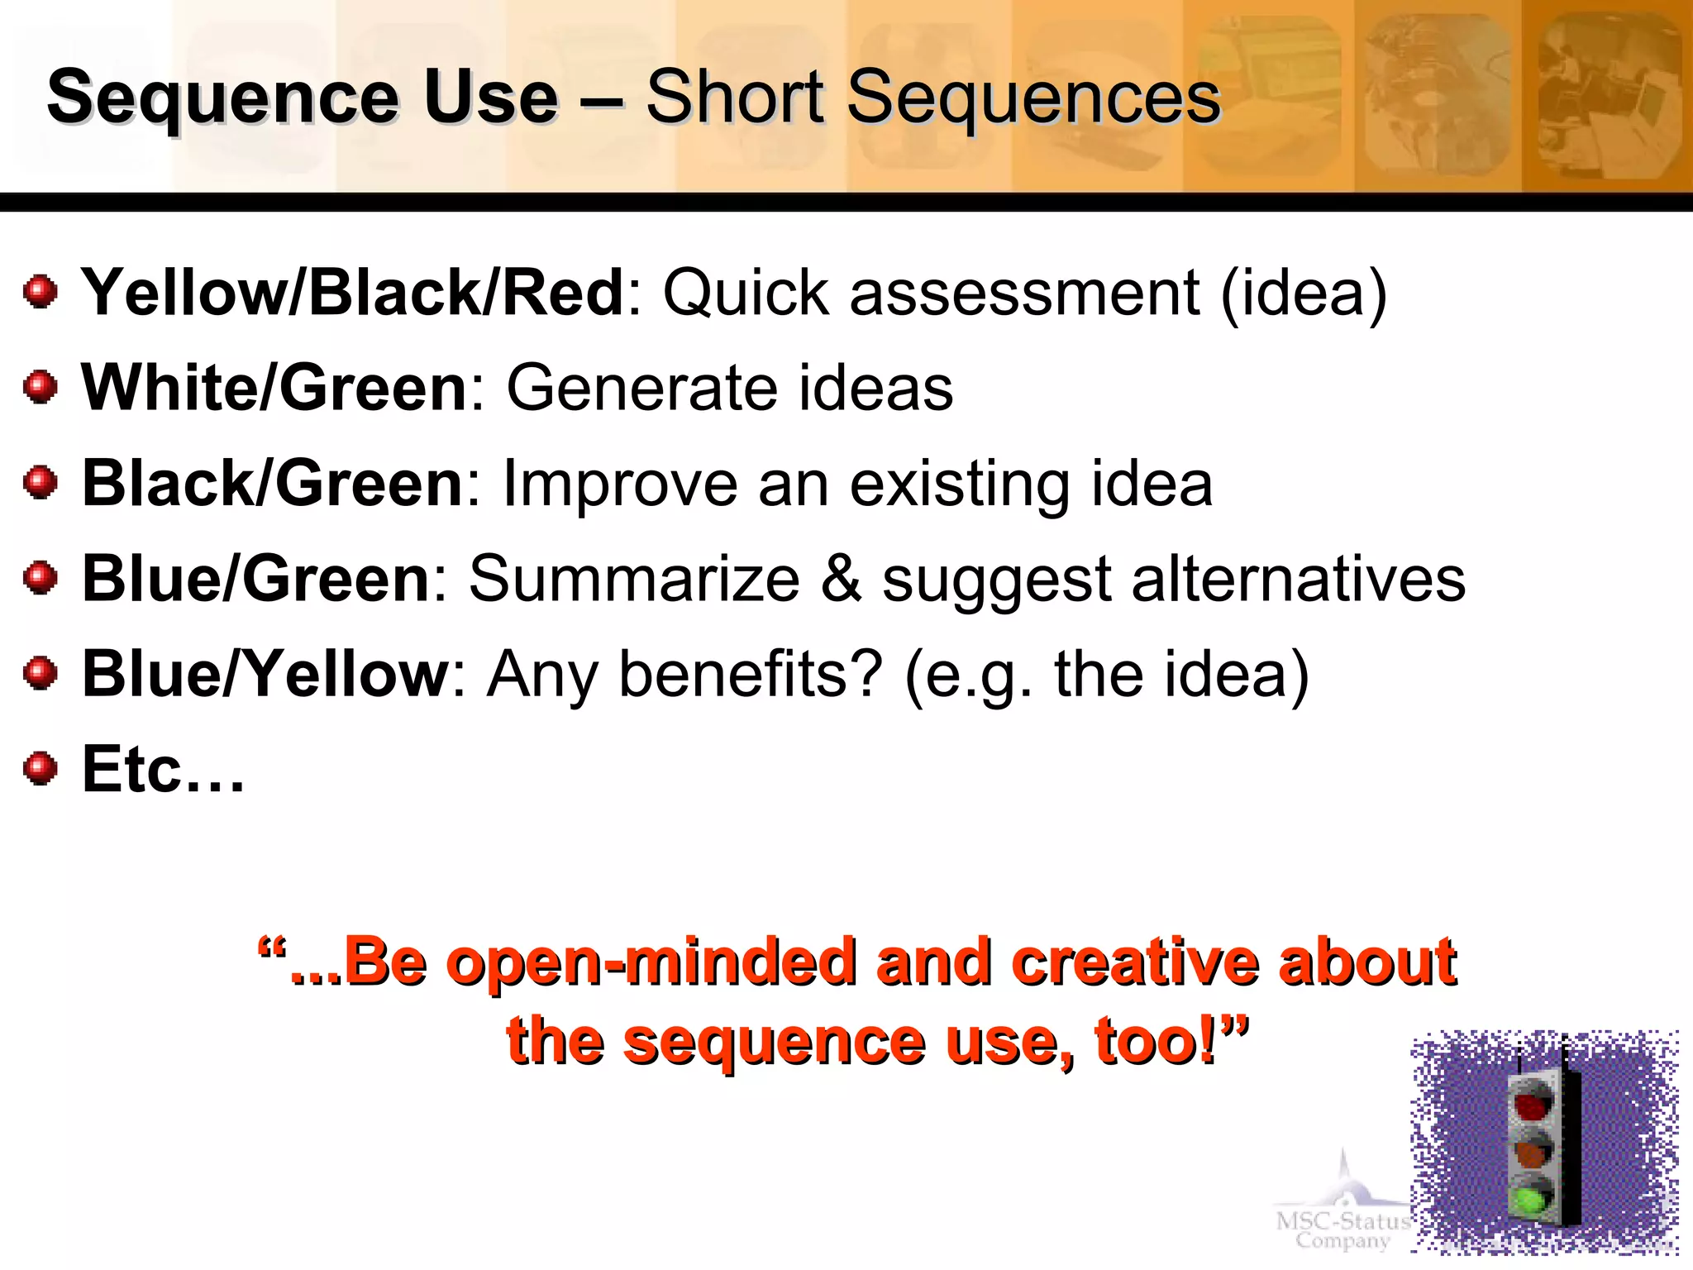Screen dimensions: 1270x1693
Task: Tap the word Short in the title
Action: (x=735, y=98)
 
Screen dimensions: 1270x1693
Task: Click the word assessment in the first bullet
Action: (x=1024, y=294)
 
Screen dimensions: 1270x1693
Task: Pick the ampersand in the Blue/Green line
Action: (x=841, y=579)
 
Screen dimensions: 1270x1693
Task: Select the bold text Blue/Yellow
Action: (x=265, y=674)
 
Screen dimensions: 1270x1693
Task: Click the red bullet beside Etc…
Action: (x=40, y=769)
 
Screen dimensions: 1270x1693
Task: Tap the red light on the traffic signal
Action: (x=1531, y=1105)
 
